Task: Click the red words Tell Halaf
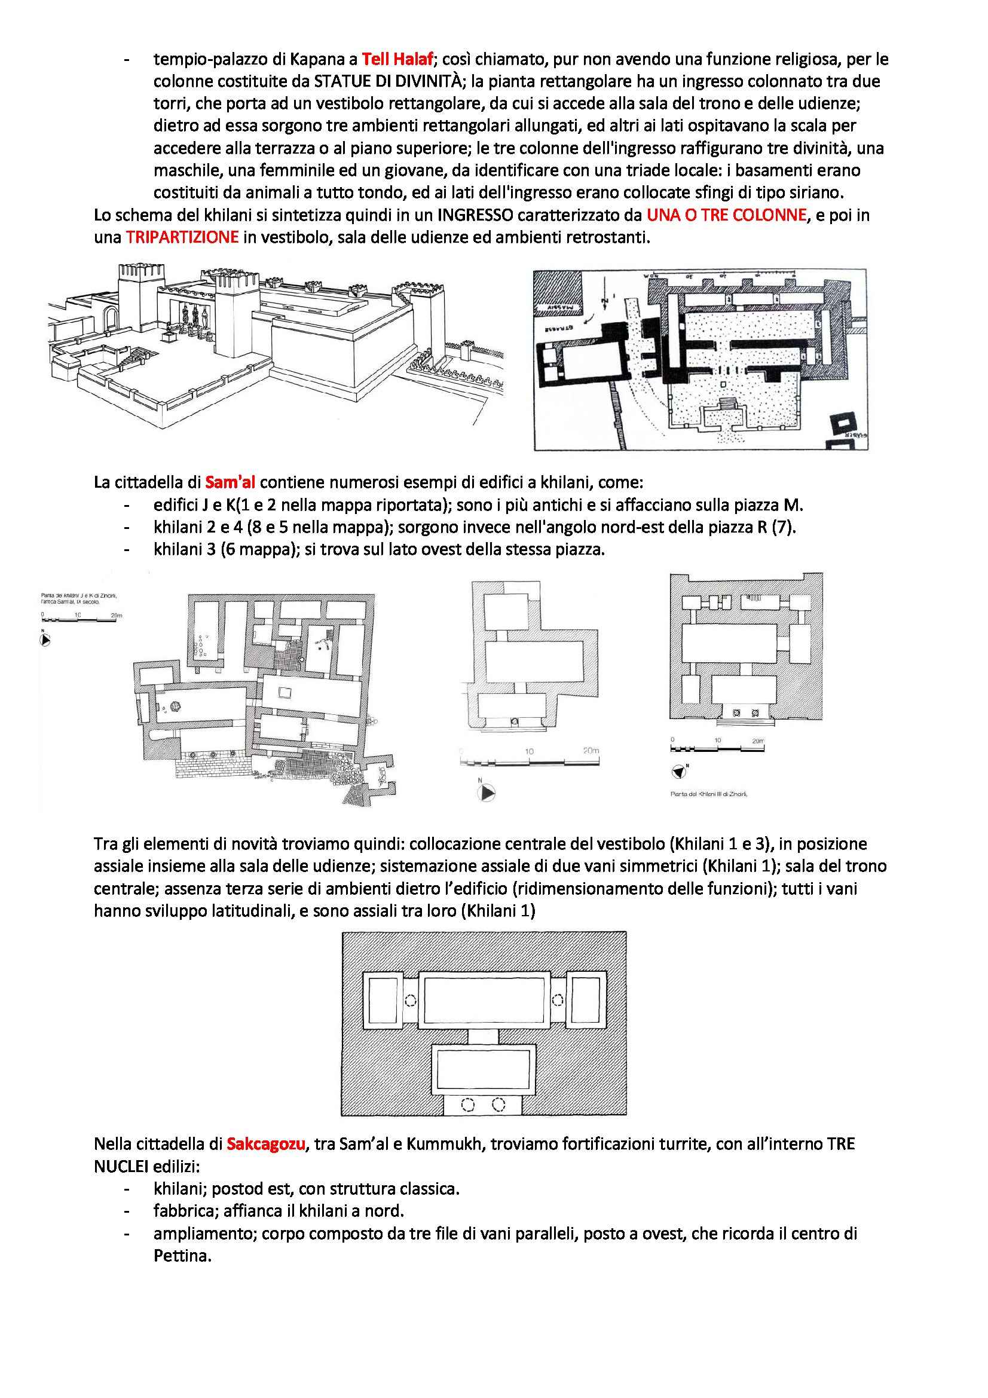397,59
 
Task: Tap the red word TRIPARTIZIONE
182,237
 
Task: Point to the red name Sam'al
230,483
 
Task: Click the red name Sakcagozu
265,1144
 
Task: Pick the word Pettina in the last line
182,1256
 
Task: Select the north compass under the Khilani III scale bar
679,772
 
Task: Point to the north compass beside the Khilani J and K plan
45,640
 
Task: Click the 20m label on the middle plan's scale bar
590,751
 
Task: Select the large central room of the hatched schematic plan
485,1001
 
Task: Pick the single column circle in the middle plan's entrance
515,722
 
